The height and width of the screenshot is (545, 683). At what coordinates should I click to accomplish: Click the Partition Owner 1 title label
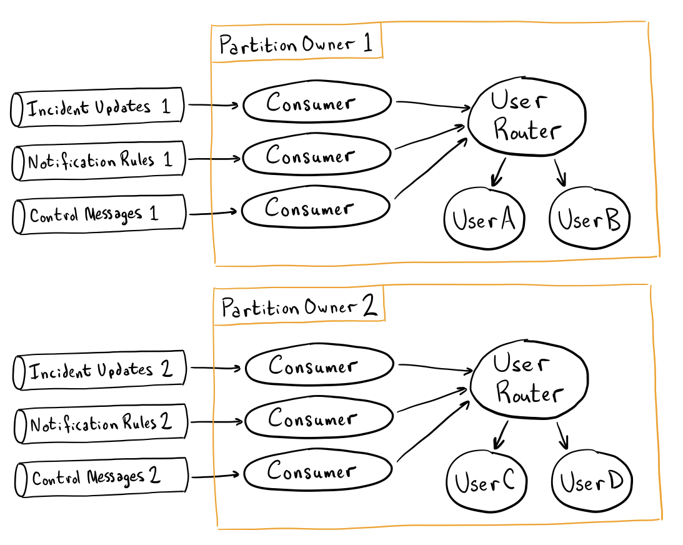click(x=296, y=44)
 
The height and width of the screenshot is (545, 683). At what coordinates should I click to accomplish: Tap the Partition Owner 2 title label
click(x=299, y=307)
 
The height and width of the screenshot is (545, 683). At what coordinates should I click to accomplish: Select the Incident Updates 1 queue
click(x=98, y=107)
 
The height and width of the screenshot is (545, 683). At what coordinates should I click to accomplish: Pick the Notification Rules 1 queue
click(x=99, y=161)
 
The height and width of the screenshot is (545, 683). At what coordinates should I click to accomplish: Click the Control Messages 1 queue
click(x=99, y=214)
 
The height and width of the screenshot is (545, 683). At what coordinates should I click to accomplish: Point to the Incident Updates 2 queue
click(x=100, y=371)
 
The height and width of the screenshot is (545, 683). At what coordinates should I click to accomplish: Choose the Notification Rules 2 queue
click(x=101, y=424)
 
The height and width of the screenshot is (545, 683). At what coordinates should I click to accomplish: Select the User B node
click(x=589, y=221)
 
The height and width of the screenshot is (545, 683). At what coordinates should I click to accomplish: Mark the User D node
click(x=591, y=483)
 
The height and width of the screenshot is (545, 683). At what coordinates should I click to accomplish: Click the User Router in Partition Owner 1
click(x=526, y=116)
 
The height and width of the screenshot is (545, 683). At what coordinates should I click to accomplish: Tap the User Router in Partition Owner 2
click(x=529, y=379)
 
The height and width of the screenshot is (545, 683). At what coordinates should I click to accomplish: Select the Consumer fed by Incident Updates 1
click(x=317, y=103)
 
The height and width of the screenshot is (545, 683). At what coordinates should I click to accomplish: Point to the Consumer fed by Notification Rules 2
click(x=319, y=419)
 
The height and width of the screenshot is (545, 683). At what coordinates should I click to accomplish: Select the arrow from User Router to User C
click(x=500, y=436)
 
